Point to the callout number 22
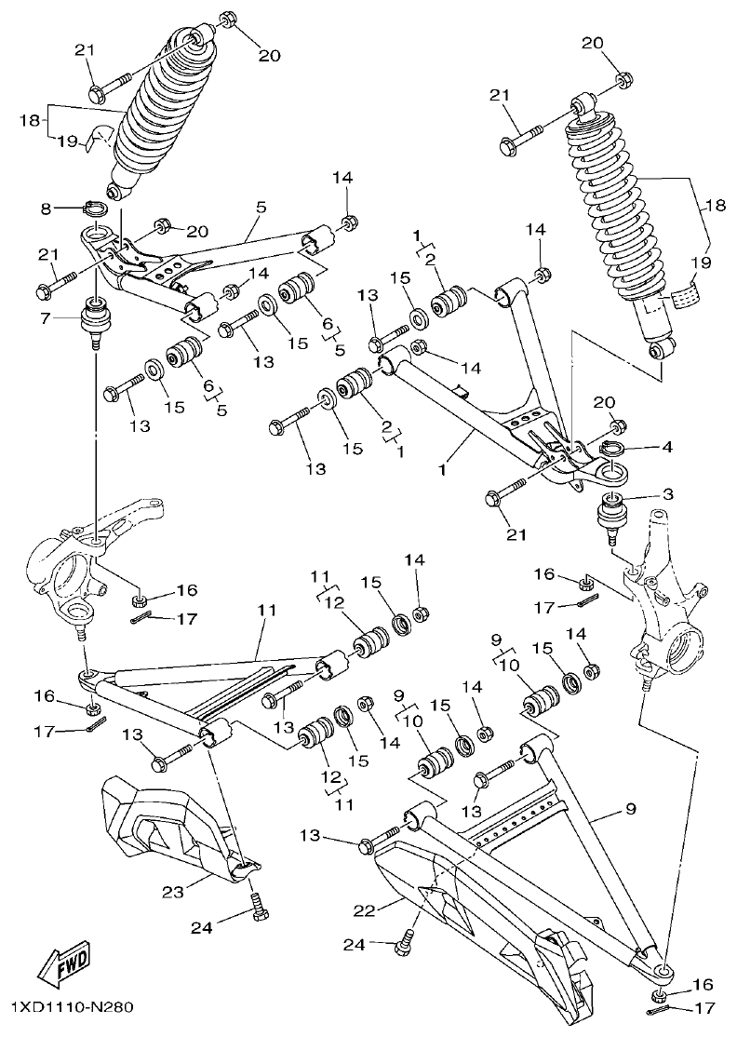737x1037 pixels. tap(366, 909)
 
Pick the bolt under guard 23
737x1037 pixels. tap(257, 906)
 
